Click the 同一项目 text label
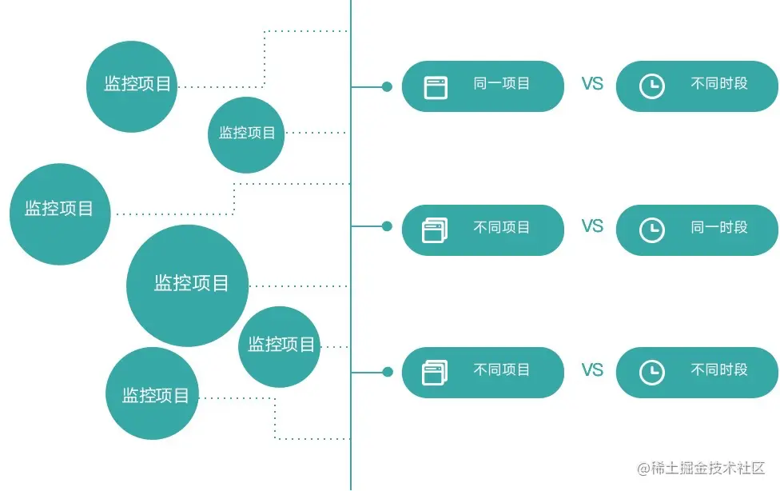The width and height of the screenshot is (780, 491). pyautogui.click(x=501, y=83)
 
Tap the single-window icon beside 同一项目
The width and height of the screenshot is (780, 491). pyautogui.click(x=436, y=87)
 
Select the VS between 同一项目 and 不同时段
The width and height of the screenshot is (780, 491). pyautogui.click(x=592, y=84)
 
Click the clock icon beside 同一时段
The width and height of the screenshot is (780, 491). pyautogui.click(x=652, y=230)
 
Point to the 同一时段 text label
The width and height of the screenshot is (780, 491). pyautogui.click(x=718, y=228)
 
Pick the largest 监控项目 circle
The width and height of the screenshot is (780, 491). pyautogui.click(x=188, y=285)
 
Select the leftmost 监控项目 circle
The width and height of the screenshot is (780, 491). pyautogui.click(x=60, y=214)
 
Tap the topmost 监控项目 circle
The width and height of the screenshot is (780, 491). pyautogui.click(x=131, y=86)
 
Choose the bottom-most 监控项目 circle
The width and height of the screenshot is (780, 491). pyautogui.click(x=152, y=393)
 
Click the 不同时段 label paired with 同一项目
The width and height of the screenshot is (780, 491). pyautogui.click(x=718, y=83)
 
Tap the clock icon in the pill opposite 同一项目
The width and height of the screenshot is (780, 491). pyautogui.click(x=652, y=86)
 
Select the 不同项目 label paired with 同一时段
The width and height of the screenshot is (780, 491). pyautogui.click(x=501, y=228)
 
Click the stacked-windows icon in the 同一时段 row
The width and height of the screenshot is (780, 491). pyautogui.click(x=435, y=231)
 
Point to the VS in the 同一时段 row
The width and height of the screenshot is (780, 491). pyautogui.click(x=592, y=226)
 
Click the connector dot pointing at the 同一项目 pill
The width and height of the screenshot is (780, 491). pyautogui.click(x=387, y=86)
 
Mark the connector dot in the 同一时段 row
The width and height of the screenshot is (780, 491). pyautogui.click(x=387, y=226)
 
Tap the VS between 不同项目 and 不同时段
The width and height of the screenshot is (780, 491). pyautogui.click(x=592, y=370)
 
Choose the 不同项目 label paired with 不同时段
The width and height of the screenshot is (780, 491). pyautogui.click(x=501, y=370)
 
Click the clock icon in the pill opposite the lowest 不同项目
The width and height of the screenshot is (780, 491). pyautogui.click(x=652, y=373)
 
